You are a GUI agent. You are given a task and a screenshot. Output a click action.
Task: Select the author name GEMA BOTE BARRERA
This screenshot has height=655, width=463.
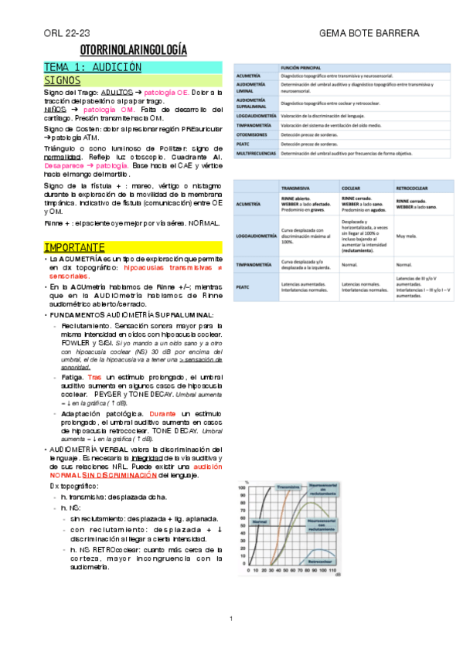[x=369, y=34]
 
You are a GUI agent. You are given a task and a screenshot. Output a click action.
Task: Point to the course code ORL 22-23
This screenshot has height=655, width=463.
[x=66, y=34]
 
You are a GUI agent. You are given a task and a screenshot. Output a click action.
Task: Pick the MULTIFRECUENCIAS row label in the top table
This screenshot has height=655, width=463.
[x=257, y=153]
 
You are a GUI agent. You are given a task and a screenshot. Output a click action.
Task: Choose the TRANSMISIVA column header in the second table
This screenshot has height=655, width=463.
[x=298, y=188]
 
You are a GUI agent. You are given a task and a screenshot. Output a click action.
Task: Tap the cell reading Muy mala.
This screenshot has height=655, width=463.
[x=405, y=236]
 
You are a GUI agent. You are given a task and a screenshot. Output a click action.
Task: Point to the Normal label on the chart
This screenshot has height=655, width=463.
[x=260, y=523]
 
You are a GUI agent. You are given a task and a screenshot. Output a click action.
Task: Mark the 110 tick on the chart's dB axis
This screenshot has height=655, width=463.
[x=334, y=572]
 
